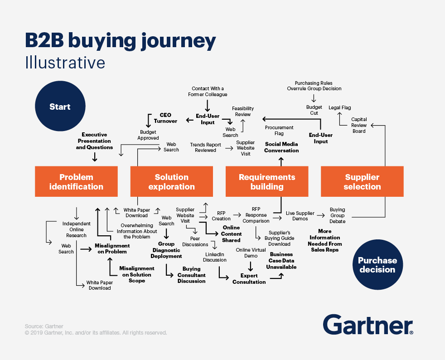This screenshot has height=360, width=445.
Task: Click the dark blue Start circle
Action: (60, 106)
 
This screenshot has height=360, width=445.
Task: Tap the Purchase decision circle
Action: (377, 265)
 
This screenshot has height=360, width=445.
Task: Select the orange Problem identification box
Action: (76, 181)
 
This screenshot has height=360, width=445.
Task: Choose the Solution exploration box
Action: (171, 181)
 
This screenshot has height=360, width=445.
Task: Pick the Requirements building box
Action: (267, 181)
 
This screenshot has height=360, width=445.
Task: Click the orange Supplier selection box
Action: (362, 181)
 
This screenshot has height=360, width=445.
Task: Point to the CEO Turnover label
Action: (165, 118)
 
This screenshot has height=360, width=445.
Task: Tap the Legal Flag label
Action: (340, 107)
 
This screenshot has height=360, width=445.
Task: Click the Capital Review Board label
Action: (359, 125)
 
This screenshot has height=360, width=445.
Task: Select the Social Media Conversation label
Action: (281, 147)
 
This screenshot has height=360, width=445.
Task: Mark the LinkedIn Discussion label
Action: (215, 257)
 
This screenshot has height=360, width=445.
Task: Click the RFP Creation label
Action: (221, 216)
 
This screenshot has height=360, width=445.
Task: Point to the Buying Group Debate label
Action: (338, 215)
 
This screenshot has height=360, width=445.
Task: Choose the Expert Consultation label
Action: (249, 279)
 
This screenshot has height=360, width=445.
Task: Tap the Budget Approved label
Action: (148, 135)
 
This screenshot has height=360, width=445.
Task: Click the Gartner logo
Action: (368, 325)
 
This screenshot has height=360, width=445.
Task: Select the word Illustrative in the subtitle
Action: (65, 63)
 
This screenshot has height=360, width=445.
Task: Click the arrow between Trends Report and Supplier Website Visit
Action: (229, 148)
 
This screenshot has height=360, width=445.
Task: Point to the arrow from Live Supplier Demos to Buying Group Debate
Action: (321, 215)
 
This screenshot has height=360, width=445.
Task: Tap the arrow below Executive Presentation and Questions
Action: (95, 157)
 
